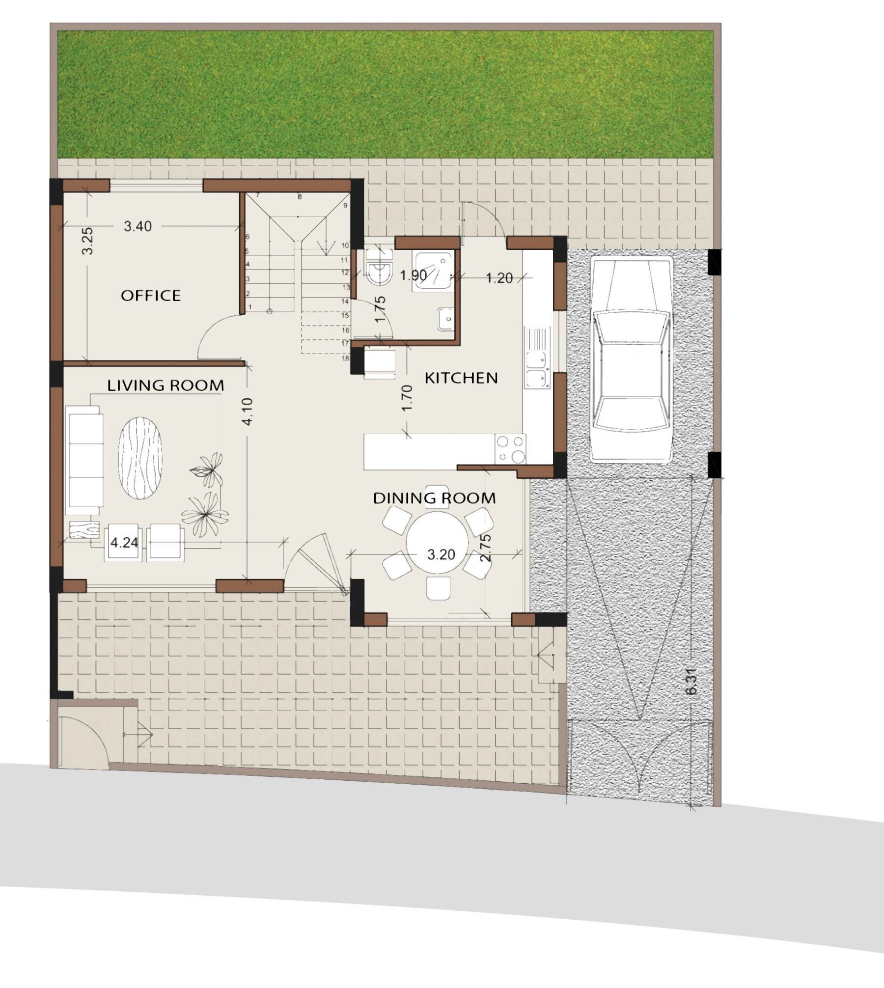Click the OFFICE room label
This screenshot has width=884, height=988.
[x=151, y=295]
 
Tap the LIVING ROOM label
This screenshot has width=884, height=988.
[x=166, y=385]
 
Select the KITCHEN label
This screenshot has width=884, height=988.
[x=461, y=378]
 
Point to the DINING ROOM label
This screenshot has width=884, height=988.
[x=435, y=498]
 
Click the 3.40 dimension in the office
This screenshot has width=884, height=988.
[x=138, y=226]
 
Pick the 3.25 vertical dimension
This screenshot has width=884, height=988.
[x=87, y=241]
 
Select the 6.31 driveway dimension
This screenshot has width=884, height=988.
[x=691, y=681]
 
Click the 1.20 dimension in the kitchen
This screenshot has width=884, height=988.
[x=499, y=278]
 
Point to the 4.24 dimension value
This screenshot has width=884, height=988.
[x=124, y=543]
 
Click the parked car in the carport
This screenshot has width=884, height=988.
[x=632, y=359]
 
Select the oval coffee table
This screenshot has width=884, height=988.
[x=140, y=458]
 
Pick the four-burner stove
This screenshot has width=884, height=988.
[x=510, y=449]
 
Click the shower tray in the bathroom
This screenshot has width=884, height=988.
[x=434, y=271]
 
